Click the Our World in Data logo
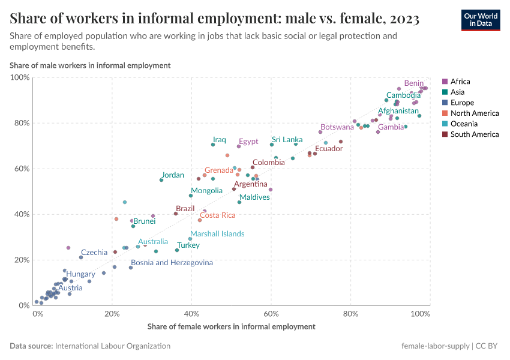pos(481,20)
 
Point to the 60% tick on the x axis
pos(271,313)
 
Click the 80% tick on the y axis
pos(20,123)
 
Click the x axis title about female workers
pos(231,327)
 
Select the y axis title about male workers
pos(90,65)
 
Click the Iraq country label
pos(220,140)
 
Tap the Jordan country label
pos(173,175)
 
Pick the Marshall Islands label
pos(217,234)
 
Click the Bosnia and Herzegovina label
pos(172,263)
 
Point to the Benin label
pos(414,83)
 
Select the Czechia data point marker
pos(81,257)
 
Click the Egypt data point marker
pos(239,146)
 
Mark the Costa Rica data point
pos(200,220)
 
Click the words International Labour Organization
pos(112,346)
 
